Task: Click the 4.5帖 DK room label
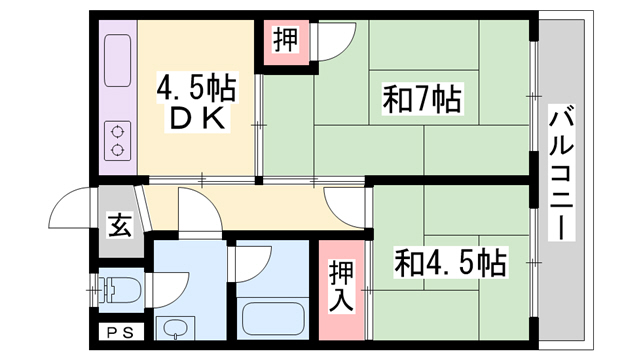196,103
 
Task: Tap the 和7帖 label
421,100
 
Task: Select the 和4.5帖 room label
449,264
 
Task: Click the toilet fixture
118,291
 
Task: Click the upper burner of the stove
119,130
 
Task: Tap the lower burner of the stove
119,150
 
